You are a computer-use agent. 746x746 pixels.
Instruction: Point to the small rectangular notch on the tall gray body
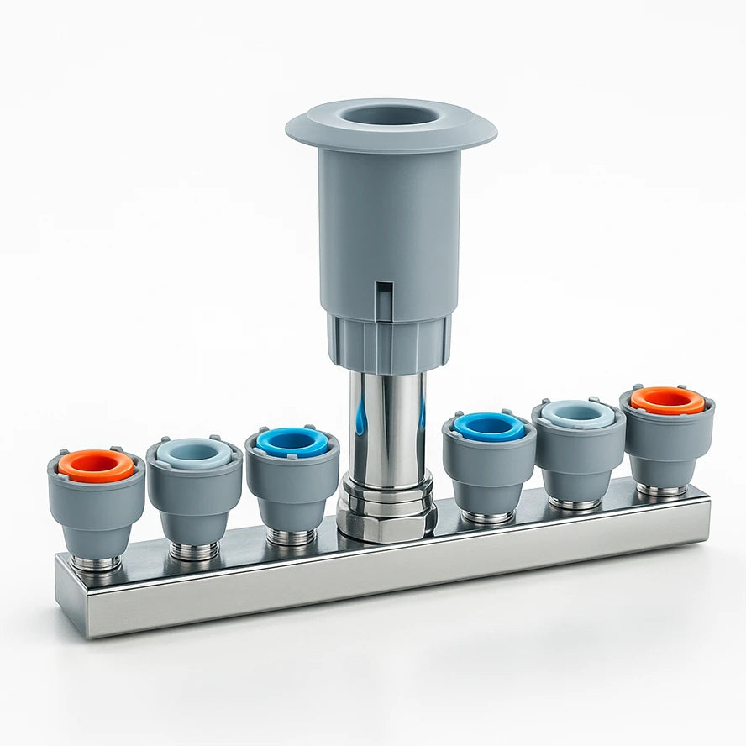[383, 297]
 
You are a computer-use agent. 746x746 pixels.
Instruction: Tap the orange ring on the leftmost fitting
[96, 465]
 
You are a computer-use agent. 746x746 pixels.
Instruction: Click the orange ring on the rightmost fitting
[668, 400]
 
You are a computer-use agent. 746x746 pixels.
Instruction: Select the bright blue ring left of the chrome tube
[292, 442]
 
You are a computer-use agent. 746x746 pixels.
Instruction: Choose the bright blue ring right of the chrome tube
[489, 426]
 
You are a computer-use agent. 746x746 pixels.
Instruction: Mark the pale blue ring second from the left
[194, 453]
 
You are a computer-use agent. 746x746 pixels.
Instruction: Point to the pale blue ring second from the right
[578, 412]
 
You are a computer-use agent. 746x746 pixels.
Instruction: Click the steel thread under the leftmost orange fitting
[96, 564]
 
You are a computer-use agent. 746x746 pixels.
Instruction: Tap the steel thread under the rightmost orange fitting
[661, 489]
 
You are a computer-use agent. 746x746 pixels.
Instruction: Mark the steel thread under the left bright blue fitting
[291, 536]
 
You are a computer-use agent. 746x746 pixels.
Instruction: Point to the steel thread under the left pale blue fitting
[194, 551]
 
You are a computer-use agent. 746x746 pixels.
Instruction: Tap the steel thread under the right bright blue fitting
[487, 517]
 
